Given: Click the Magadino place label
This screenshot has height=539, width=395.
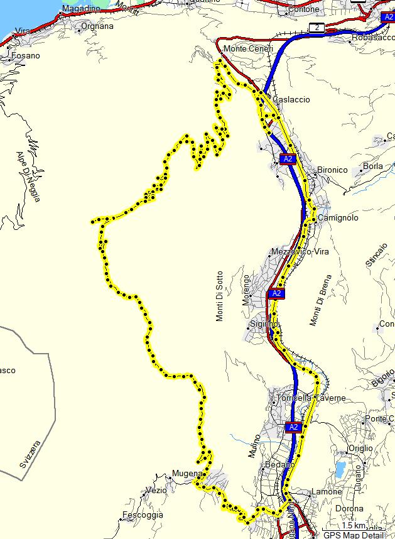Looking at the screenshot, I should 81,9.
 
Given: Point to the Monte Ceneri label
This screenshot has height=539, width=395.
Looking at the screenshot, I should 248,49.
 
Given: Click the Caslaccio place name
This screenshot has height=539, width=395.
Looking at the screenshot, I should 291,99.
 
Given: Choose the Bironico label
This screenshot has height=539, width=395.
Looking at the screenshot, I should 332,170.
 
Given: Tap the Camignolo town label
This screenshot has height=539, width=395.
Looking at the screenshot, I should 338,217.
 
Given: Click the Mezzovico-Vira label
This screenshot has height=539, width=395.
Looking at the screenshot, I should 300,251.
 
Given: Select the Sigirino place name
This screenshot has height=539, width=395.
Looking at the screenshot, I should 264,324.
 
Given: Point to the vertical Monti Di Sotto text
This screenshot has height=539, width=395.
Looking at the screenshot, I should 219,296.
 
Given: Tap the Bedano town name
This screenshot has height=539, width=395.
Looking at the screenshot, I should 280,464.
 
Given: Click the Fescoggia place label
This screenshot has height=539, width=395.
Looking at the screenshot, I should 143,514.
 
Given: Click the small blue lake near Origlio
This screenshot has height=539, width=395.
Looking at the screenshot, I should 340,469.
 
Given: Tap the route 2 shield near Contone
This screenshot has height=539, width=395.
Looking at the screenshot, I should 318,27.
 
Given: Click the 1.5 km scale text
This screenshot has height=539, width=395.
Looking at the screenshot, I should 354,525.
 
